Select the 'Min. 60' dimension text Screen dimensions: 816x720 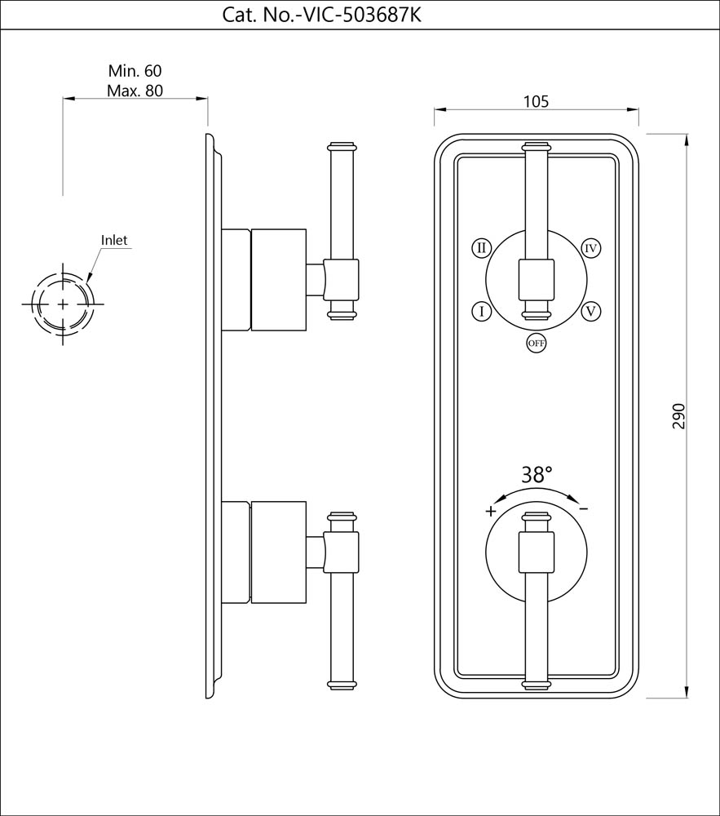click(x=135, y=72)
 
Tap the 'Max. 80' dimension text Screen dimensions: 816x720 click(x=135, y=91)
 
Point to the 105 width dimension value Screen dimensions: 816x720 click(x=535, y=101)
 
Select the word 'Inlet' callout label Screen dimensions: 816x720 click(x=114, y=240)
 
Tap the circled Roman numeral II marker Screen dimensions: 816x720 click(x=481, y=247)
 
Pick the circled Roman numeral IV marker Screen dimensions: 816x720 click(x=591, y=247)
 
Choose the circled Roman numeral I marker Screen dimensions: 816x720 click(x=481, y=311)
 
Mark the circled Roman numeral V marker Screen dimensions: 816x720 click(x=591, y=311)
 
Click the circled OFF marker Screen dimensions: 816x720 click(x=536, y=344)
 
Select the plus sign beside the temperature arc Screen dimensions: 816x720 click(x=490, y=512)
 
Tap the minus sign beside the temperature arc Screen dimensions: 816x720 click(x=584, y=508)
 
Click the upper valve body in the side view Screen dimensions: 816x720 click(x=277, y=280)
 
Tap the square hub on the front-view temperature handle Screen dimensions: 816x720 click(x=536, y=552)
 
